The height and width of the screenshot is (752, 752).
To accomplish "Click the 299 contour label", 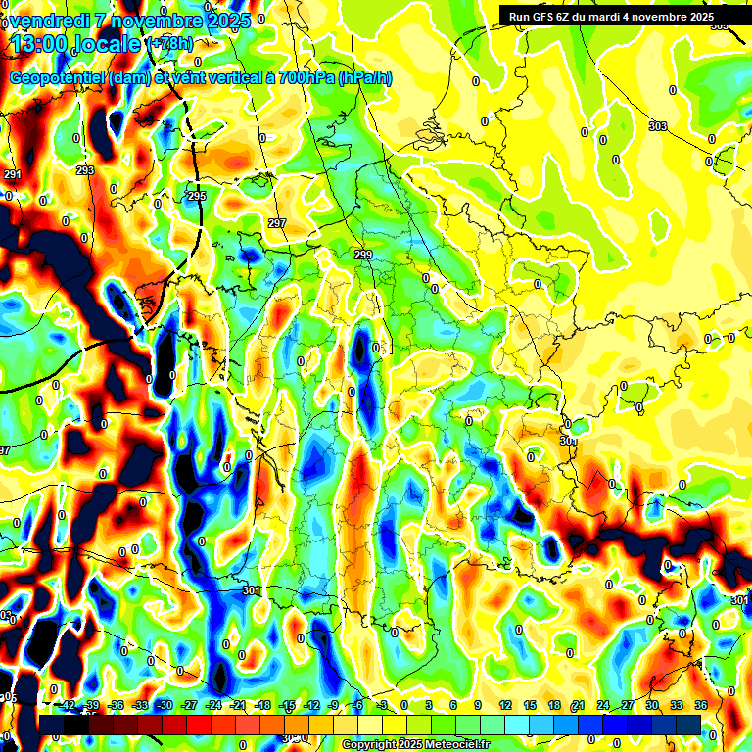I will click(x=363, y=255).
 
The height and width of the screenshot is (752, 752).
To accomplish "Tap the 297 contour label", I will click(x=277, y=224).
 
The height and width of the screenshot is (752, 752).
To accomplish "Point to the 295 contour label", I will click(x=197, y=197).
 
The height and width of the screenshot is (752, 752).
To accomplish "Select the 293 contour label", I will click(x=85, y=170).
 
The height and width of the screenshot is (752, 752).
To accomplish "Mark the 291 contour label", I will click(x=12, y=174).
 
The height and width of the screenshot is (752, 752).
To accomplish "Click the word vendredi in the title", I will click(x=51, y=19).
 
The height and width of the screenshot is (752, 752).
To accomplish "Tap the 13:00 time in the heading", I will click(x=39, y=45).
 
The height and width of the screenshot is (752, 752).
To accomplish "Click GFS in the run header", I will click(x=544, y=16).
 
